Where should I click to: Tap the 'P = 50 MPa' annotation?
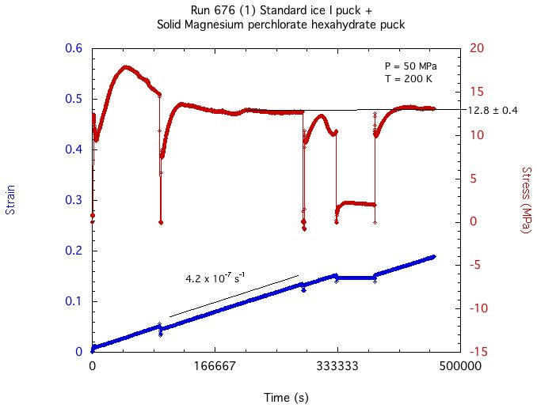pos(406,65)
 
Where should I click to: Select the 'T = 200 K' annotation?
pos(405,79)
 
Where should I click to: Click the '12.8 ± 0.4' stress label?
pos(493,111)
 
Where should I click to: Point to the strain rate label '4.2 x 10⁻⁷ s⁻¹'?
pos(215,278)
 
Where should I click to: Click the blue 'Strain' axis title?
pos(10,200)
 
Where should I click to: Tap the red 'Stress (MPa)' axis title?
pos(525,200)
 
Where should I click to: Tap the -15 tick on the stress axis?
pos(478,352)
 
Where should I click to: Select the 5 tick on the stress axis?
pos(473,179)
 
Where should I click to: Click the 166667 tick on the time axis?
pos(215,367)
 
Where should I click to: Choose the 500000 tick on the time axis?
pos(460,367)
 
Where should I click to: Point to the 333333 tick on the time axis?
pos(337,367)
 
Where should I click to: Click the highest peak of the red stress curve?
pos(124,67)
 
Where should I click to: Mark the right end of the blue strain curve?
pos(434,257)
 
